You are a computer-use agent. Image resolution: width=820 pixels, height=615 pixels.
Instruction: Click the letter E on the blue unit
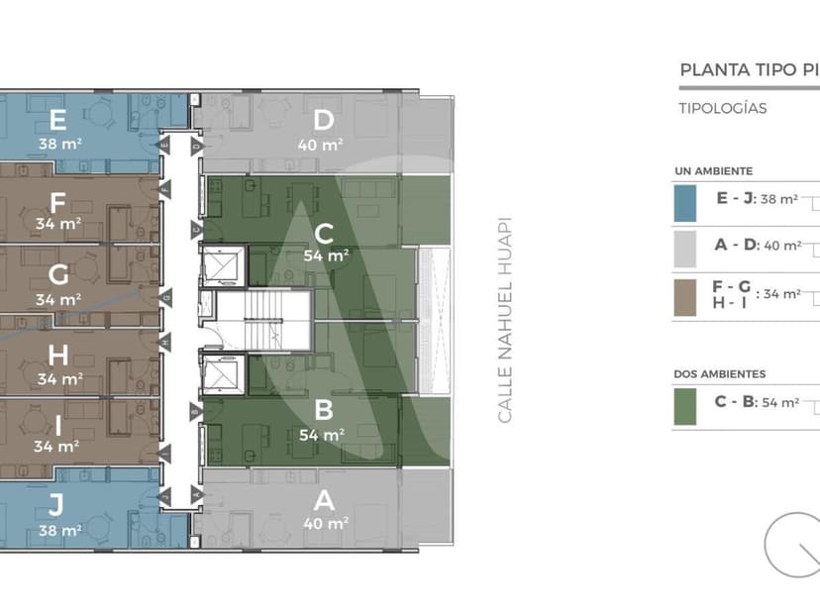(57, 121)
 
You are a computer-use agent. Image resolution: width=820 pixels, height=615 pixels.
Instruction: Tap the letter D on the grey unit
(323, 121)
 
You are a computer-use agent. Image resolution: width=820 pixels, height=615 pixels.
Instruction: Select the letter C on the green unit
(323, 234)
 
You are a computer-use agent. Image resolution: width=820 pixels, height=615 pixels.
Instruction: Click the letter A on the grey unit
(323, 501)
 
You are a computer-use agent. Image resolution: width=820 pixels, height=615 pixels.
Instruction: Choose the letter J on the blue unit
(56, 506)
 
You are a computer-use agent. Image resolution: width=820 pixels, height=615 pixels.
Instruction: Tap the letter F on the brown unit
(57, 203)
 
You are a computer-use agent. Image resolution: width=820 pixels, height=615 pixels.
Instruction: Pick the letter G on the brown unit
(57, 275)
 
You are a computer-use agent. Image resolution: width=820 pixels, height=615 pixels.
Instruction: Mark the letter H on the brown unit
(57, 356)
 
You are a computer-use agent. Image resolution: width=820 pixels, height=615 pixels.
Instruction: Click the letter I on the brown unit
(57, 424)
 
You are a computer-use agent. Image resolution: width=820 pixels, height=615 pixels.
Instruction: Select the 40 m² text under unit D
(321, 145)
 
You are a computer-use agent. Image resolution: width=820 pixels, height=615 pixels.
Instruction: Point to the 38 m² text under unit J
(59, 530)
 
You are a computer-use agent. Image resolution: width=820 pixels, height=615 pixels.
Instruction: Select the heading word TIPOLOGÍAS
(723, 109)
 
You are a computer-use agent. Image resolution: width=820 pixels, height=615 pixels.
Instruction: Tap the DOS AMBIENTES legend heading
(720, 374)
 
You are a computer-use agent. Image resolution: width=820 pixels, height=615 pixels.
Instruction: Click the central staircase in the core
(263, 320)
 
